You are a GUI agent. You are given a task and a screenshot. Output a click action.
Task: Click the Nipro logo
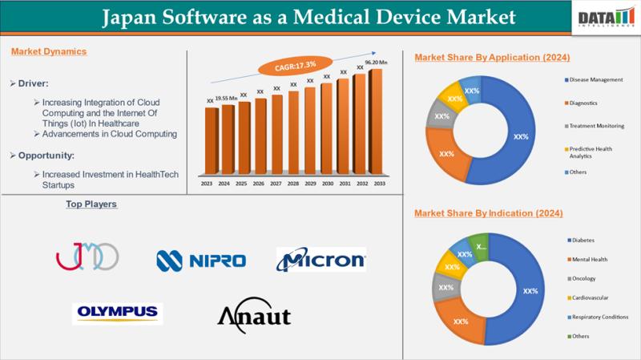tap(201, 260)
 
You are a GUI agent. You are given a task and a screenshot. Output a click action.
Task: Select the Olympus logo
tap(117, 313)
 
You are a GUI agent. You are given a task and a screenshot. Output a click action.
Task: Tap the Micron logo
tap(321, 260)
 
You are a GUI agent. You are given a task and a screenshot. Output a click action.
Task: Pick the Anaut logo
tap(254, 315)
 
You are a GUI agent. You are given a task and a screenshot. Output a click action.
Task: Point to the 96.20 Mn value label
tap(376, 62)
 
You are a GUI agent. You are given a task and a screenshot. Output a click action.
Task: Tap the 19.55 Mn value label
tap(227, 98)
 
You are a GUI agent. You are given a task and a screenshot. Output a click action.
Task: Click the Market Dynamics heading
tap(49, 51)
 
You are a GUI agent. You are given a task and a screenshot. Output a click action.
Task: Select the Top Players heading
tap(91, 204)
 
